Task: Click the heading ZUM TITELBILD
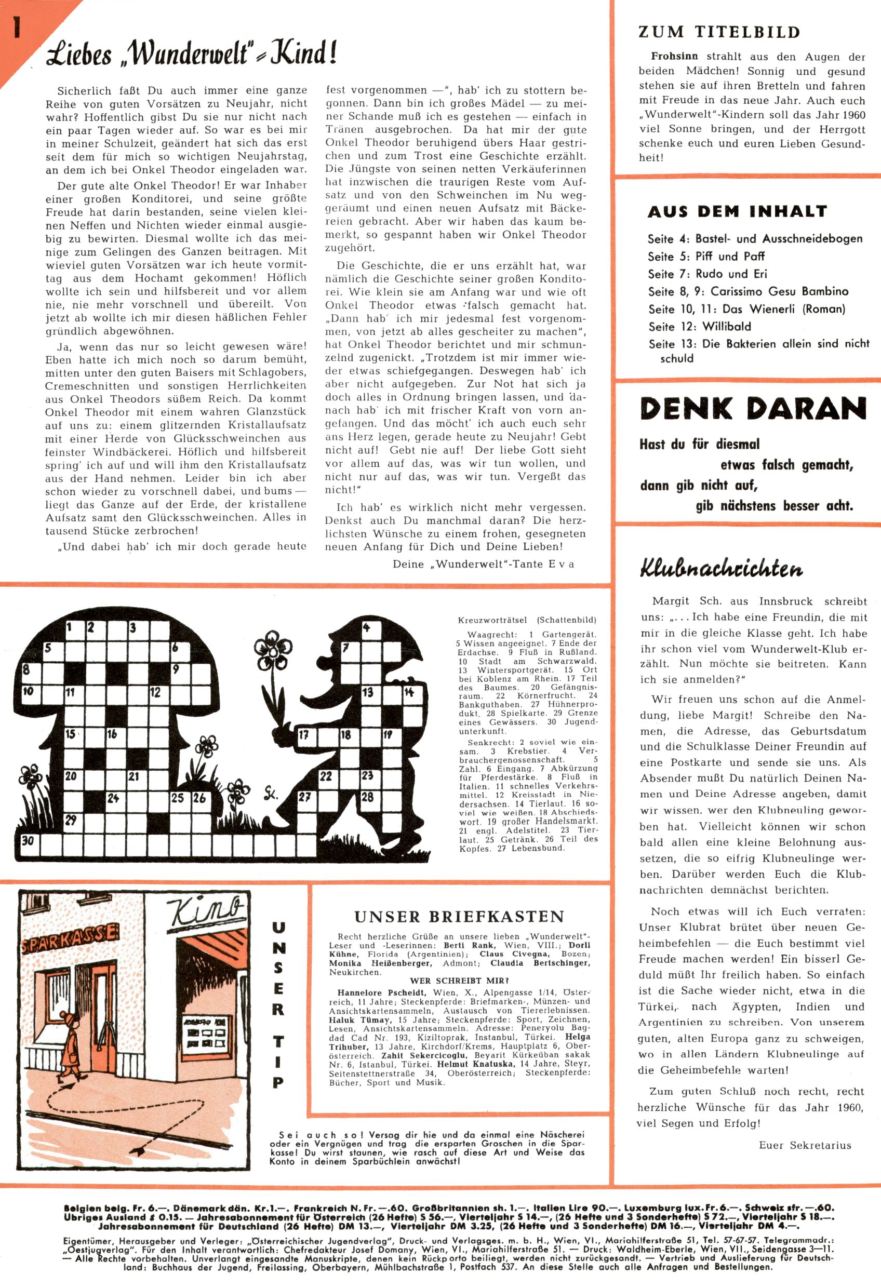tap(719, 32)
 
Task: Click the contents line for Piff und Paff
tap(706, 257)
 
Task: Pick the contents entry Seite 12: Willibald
tap(700, 327)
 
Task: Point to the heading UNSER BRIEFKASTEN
tap(459, 916)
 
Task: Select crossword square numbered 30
tap(28, 841)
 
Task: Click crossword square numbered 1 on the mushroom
tap(72, 628)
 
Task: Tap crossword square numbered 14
tap(409, 693)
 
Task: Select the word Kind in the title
tap(304, 54)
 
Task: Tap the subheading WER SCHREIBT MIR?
tap(459, 981)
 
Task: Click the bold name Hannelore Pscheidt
tap(381, 992)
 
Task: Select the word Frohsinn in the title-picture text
tap(674, 57)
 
